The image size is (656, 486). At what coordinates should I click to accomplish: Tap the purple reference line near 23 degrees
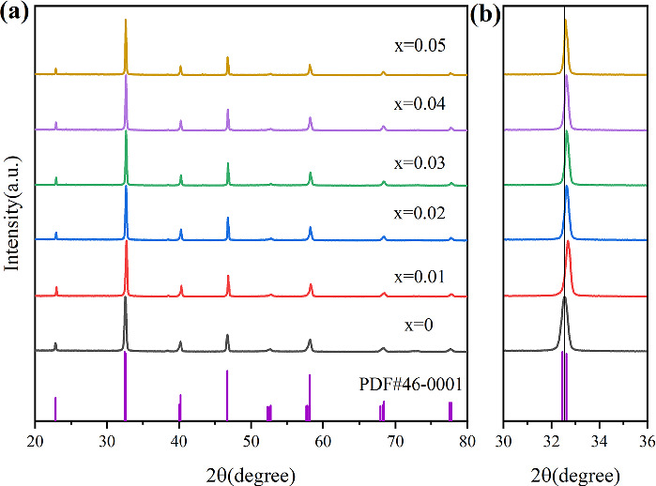(x=55, y=409)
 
